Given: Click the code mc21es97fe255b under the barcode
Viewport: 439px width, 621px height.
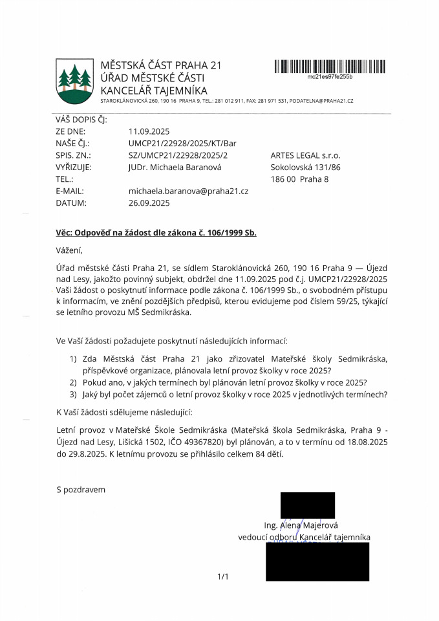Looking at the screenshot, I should point(330,76).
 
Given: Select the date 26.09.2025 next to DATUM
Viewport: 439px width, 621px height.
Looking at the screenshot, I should point(149,202).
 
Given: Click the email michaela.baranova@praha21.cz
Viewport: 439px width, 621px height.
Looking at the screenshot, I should point(189,191).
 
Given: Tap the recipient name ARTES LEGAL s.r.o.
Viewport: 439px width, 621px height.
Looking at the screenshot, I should point(305,155).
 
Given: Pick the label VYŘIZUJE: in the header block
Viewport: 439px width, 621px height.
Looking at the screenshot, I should point(74,167).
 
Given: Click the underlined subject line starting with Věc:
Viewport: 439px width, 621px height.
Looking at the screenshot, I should point(156,233).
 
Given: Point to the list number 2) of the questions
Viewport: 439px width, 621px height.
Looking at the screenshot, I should point(72,382).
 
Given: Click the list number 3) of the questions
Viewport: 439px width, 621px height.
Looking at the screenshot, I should point(72,395).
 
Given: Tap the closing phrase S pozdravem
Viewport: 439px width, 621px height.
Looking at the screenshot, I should point(81,490).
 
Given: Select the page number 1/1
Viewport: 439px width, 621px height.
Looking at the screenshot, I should point(224,576).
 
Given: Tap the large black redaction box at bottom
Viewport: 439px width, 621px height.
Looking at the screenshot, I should point(317,561).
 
